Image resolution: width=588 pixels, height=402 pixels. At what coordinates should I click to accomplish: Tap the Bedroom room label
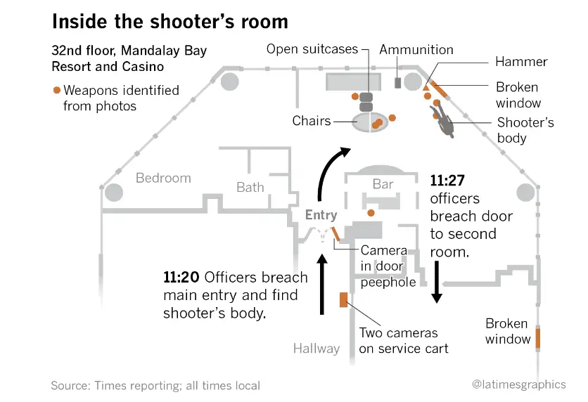point(163,179)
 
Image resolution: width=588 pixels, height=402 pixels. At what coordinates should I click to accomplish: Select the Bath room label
point(250,187)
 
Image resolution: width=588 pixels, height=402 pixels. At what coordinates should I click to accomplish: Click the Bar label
point(383,184)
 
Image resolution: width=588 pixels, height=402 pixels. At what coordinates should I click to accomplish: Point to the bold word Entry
point(321,215)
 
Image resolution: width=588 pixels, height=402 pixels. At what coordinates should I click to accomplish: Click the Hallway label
point(317,348)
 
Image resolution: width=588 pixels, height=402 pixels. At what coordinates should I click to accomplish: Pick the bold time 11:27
point(448,181)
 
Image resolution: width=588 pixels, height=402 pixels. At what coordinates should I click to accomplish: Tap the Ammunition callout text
point(416,50)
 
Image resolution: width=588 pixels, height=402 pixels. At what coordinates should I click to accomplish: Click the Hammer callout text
point(521,62)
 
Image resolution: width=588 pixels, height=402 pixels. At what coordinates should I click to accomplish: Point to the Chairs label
point(312,121)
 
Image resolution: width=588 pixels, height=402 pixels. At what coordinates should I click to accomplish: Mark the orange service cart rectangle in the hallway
point(344,299)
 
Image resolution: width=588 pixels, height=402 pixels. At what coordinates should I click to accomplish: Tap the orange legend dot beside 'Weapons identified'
point(56,91)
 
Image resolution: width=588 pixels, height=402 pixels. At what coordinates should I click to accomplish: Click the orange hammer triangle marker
point(426,89)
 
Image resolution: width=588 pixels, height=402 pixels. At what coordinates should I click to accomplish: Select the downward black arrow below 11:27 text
point(436,281)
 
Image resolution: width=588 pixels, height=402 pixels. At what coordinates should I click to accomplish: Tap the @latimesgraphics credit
point(518,384)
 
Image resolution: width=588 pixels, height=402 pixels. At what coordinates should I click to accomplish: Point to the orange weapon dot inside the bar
point(371,212)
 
